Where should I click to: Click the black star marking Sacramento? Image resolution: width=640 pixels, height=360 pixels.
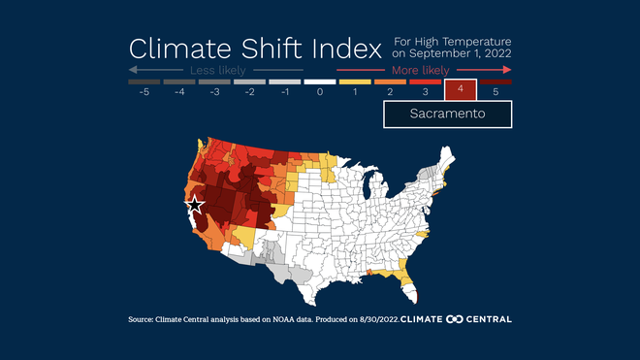tap(195, 205)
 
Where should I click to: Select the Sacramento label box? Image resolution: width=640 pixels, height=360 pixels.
tap(447, 114)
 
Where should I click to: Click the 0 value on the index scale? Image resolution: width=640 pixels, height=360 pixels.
tap(320, 92)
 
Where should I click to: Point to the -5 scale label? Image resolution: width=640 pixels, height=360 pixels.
tap(144, 92)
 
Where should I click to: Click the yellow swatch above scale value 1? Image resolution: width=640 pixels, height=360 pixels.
tap(355, 82)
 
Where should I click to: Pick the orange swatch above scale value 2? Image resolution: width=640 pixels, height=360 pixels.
tap(390, 82)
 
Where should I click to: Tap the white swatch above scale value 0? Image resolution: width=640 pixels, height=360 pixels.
tap(320, 82)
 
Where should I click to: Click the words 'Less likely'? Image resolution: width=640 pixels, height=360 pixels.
tap(215, 71)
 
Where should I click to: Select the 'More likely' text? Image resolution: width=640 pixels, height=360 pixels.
tap(420, 71)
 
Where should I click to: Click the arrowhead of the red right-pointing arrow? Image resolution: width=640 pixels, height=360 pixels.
tap(507, 71)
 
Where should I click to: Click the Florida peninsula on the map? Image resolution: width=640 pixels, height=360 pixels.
tap(405, 283)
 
